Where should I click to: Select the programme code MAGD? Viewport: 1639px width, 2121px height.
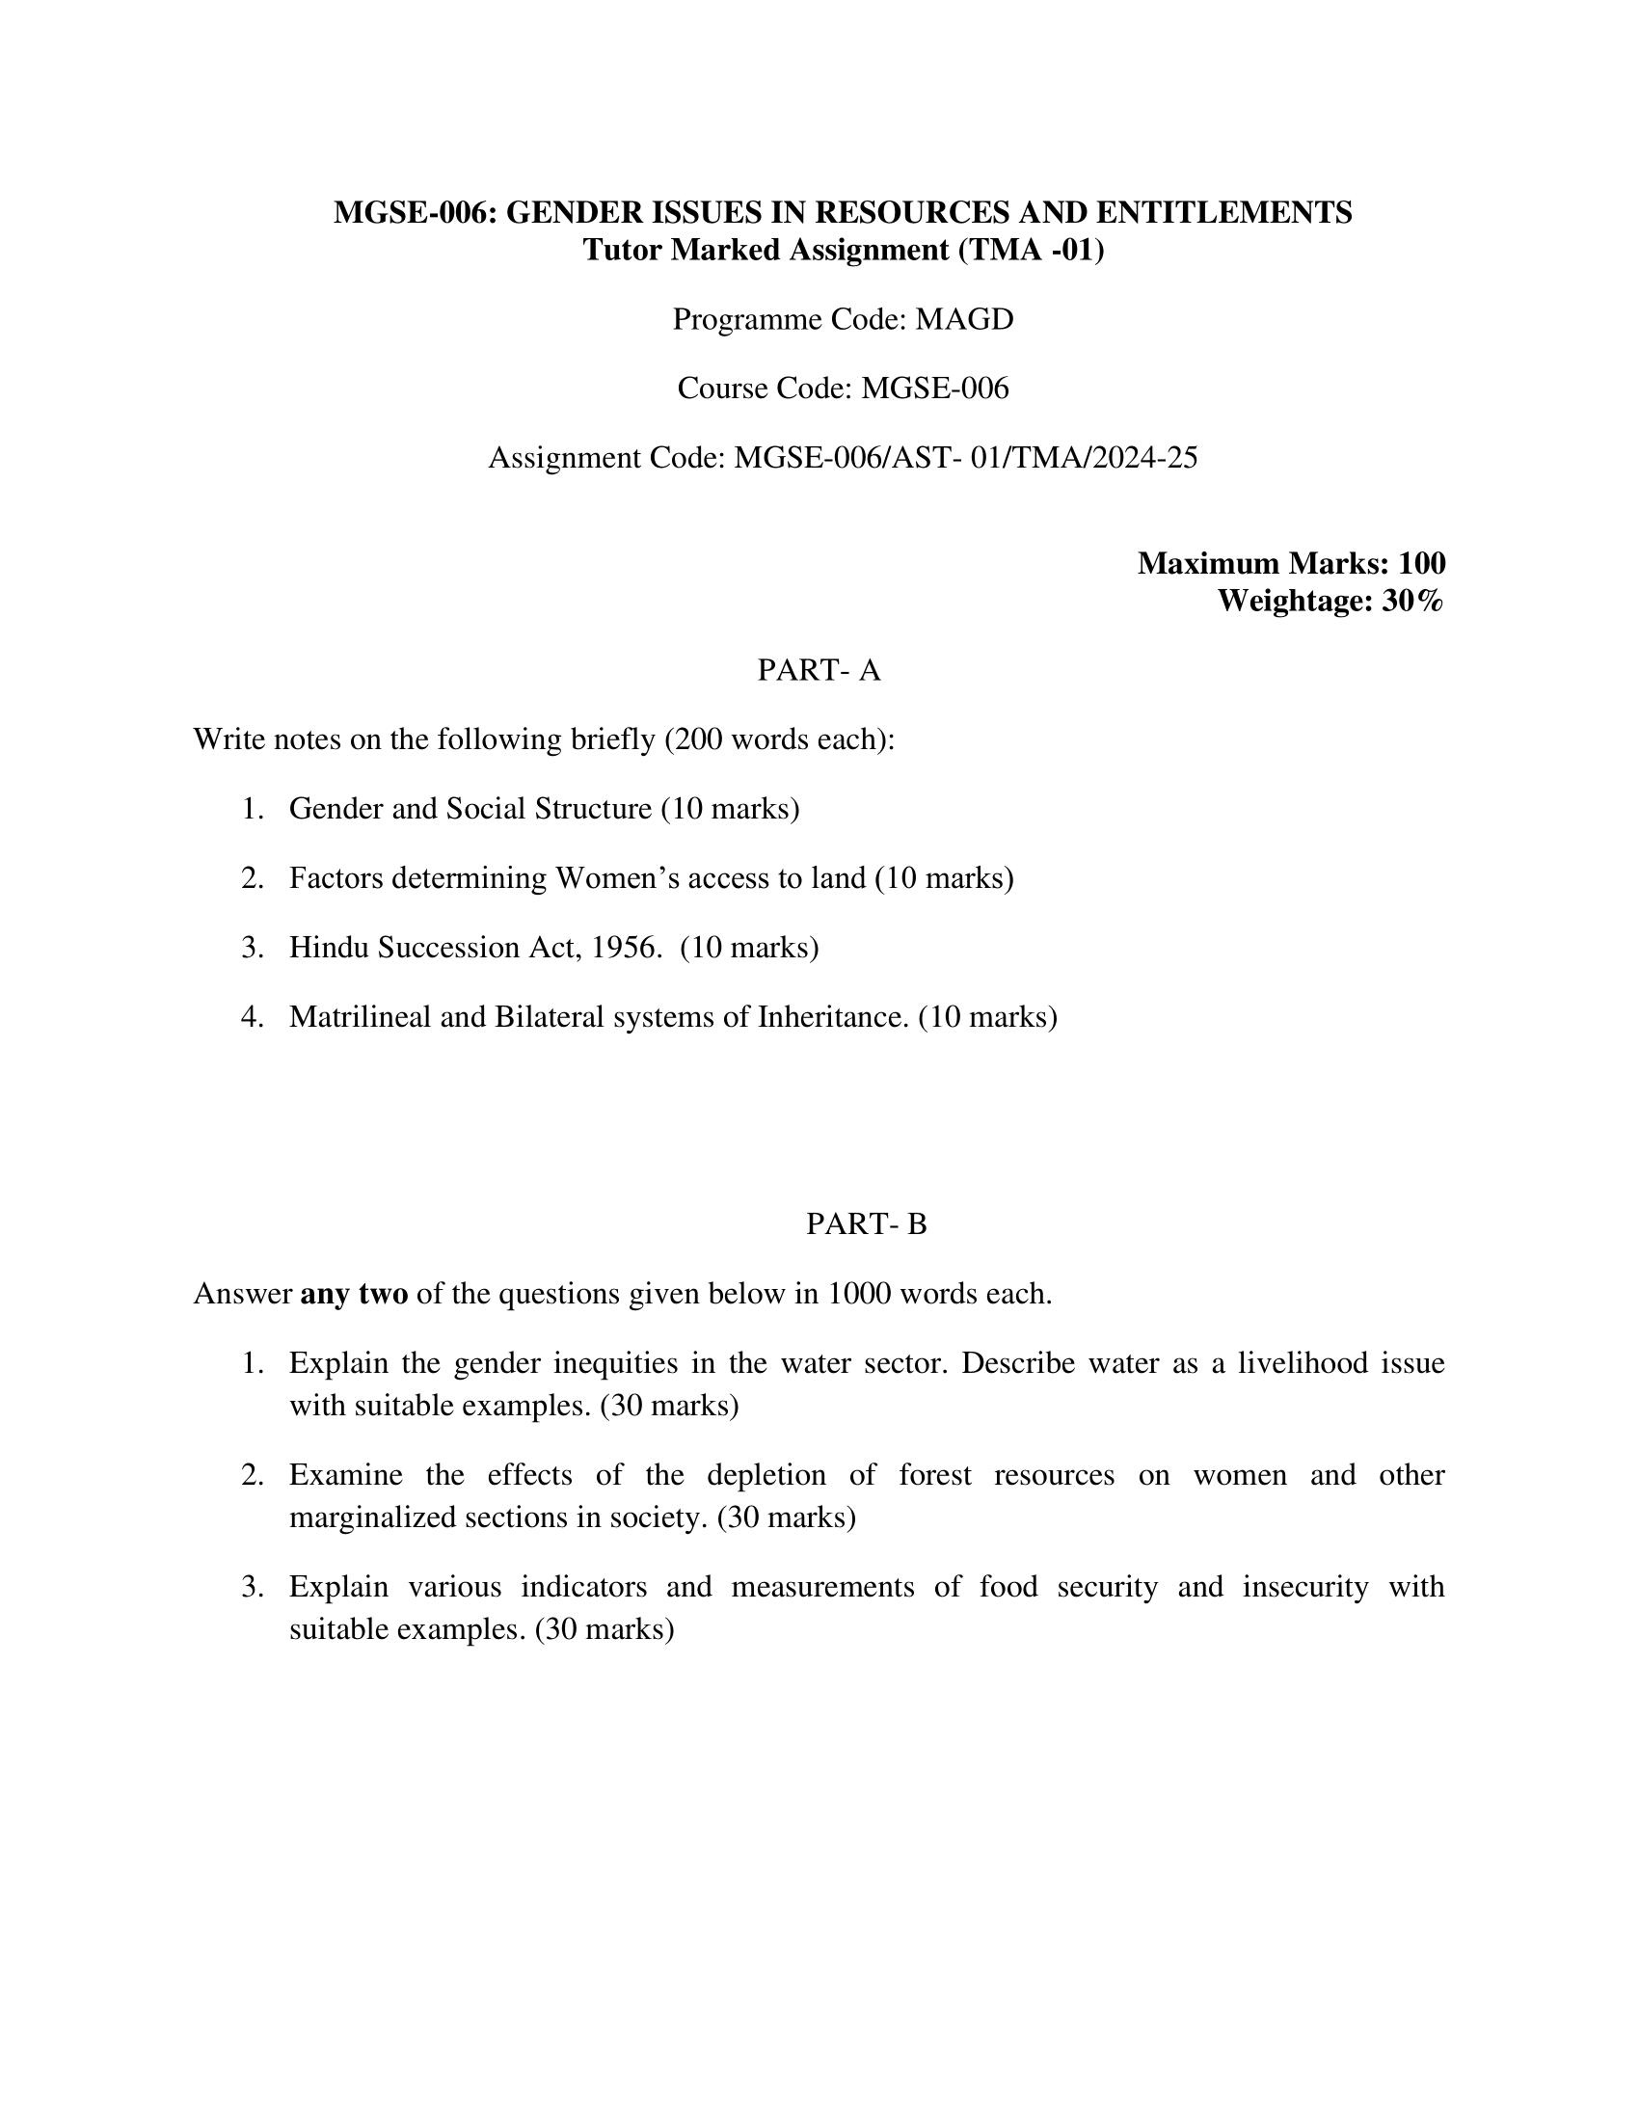tap(964, 319)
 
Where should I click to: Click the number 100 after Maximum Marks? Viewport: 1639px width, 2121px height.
tap(1421, 563)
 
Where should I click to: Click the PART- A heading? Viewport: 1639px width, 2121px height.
tap(819, 670)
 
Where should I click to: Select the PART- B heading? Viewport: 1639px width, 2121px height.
tap(866, 1224)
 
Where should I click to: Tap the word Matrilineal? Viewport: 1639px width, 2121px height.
tap(361, 1017)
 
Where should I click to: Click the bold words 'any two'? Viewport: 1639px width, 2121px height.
tap(355, 1295)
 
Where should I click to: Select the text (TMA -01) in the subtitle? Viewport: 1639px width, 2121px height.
tap(1032, 251)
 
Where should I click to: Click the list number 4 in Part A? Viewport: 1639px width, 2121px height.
tap(252, 1017)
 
